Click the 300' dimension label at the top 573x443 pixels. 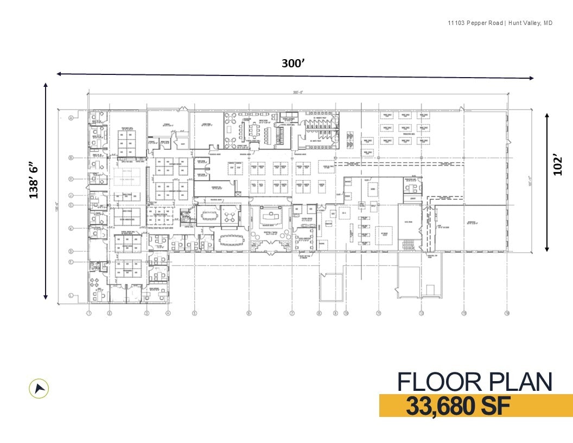(294, 63)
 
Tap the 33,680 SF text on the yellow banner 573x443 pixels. (458, 406)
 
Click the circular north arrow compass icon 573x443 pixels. (39, 388)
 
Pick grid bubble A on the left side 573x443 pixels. (71, 118)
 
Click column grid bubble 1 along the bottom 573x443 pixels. (89, 313)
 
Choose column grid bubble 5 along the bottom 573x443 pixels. (194, 313)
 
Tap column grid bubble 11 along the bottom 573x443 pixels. (379, 313)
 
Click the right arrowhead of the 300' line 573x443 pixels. (531, 78)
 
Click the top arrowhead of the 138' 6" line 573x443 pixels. (46, 85)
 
